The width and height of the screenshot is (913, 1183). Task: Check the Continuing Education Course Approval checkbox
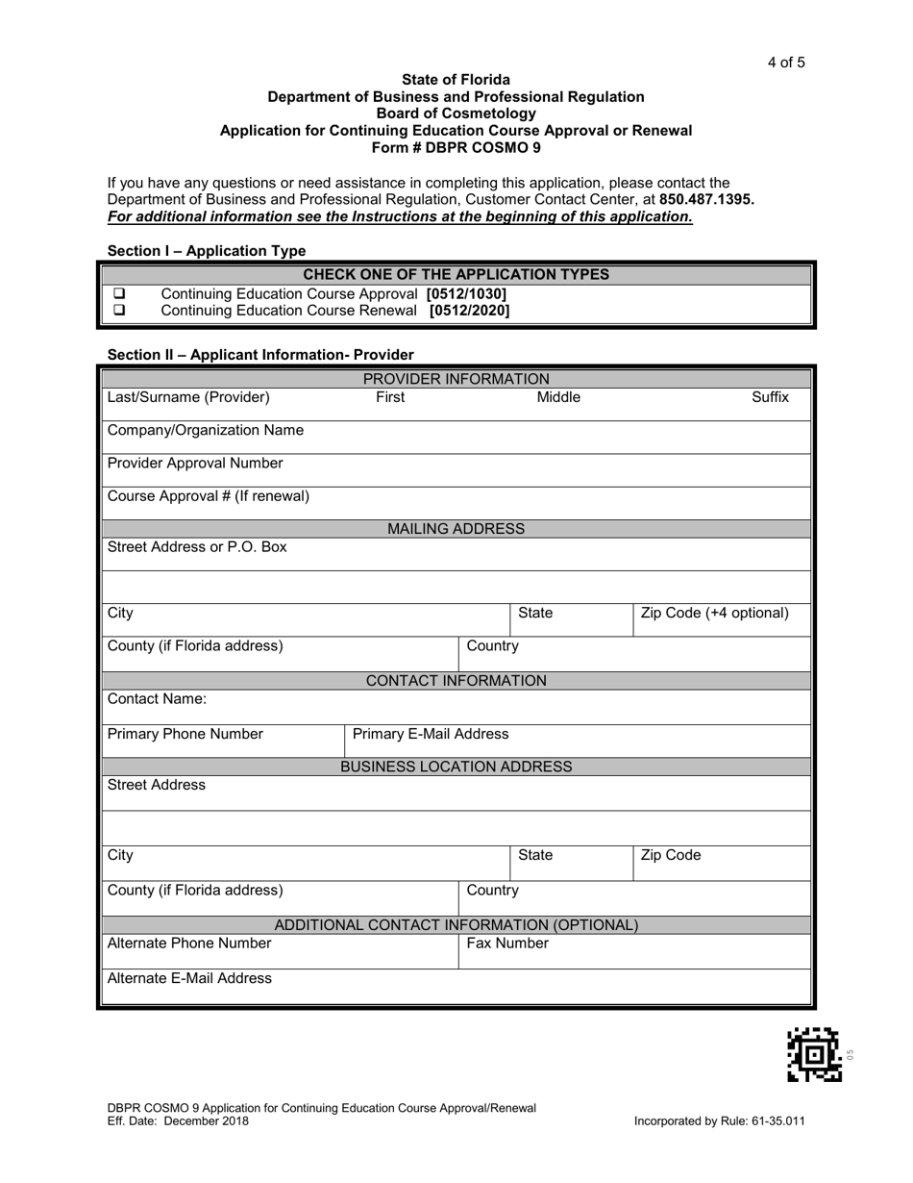click(x=120, y=293)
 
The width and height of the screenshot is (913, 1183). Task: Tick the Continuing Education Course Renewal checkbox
click(x=120, y=311)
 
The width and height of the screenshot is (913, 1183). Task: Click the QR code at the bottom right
click(x=814, y=1054)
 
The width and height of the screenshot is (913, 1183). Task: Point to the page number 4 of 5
click(x=785, y=63)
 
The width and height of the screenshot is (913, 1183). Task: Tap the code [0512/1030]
click(x=466, y=293)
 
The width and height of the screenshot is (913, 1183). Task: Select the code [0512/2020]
click(x=469, y=311)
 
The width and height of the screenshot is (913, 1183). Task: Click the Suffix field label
click(x=770, y=397)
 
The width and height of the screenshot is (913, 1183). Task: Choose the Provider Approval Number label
click(x=195, y=464)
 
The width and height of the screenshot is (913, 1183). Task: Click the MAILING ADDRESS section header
click(x=456, y=529)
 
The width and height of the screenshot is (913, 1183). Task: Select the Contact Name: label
click(x=157, y=699)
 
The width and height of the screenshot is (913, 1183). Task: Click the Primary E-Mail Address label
click(x=431, y=735)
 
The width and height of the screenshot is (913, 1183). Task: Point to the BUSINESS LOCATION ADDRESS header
click(x=456, y=767)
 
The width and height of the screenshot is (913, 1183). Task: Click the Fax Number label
click(x=507, y=944)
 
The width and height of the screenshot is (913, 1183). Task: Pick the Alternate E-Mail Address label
click(x=189, y=978)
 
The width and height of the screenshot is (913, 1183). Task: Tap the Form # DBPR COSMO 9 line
click(x=456, y=147)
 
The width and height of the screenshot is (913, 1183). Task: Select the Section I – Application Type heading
click(x=207, y=251)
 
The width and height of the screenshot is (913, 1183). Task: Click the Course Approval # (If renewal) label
click(x=209, y=496)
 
